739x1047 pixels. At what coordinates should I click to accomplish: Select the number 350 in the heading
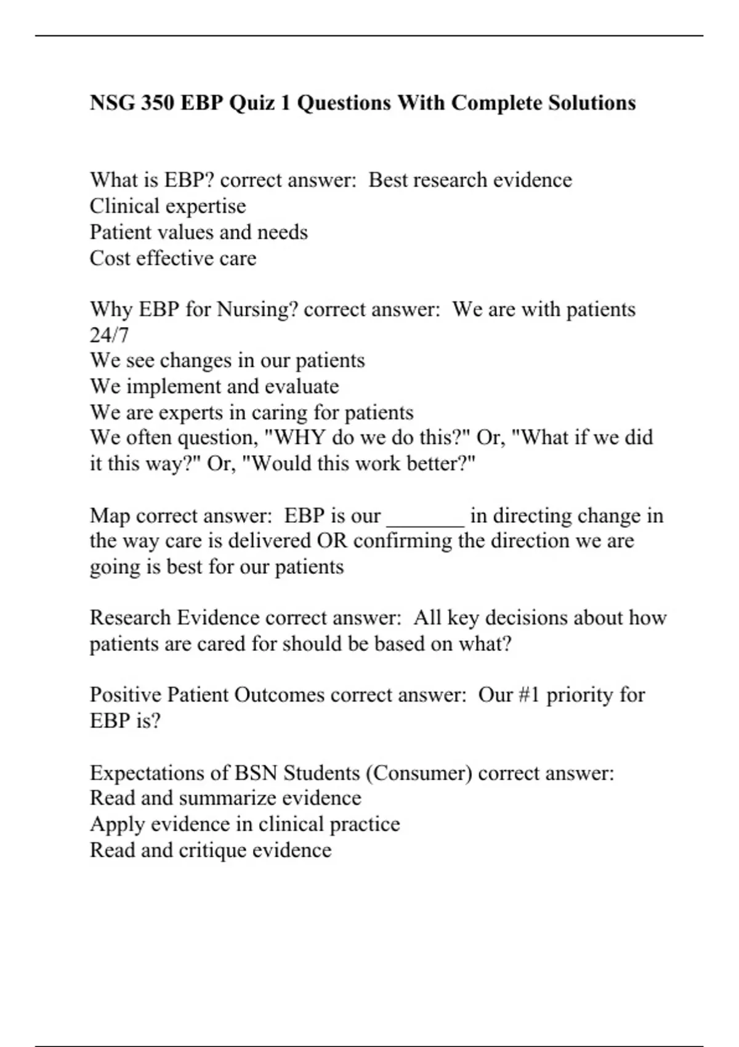click(x=156, y=102)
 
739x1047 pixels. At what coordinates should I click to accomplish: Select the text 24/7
click(x=109, y=335)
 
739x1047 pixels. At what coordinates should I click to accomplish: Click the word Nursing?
click(x=257, y=309)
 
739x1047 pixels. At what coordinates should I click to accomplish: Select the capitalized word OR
click(x=332, y=541)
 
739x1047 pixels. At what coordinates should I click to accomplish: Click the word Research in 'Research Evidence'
click(x=131, y=618)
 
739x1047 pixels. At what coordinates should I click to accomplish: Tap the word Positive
click(x=126, y=695)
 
